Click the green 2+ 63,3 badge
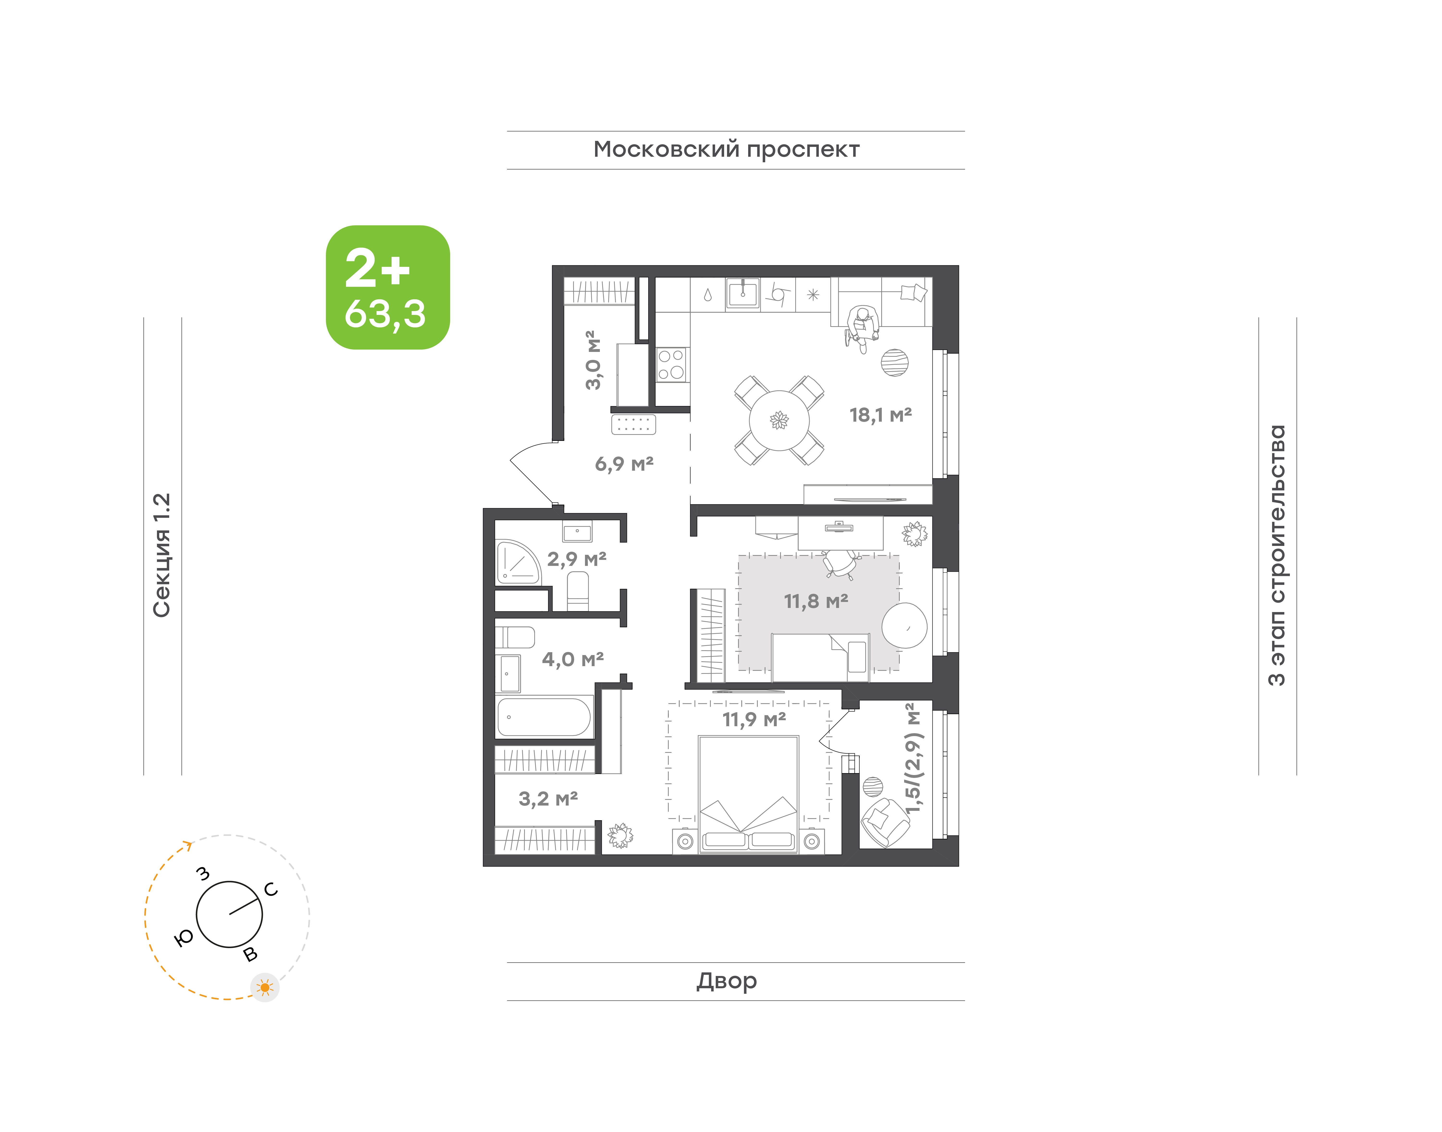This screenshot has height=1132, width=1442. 388,287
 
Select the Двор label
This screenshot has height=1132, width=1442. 726,981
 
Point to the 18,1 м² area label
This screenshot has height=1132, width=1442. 881,415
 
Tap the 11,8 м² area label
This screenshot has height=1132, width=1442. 816,601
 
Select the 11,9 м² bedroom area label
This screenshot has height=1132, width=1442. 754,719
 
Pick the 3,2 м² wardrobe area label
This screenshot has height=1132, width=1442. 548,799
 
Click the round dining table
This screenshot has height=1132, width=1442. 779,420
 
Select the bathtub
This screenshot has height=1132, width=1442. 544,716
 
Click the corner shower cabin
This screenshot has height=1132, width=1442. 518,563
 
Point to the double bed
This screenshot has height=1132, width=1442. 748,794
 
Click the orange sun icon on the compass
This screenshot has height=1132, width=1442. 265,988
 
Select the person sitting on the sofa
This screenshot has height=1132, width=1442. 862,329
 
